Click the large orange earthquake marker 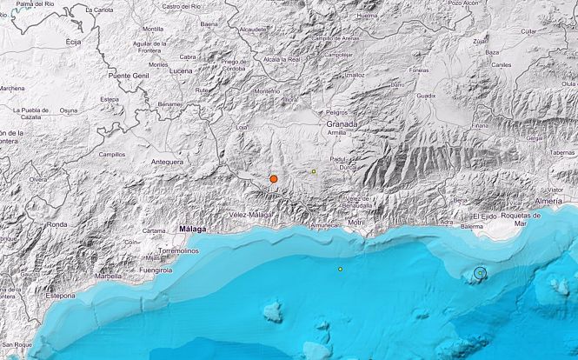[x=273, y=179]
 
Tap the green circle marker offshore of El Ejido [x=479, y=274]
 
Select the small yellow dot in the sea [x=341, y=269]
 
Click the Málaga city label [x=192, y=230]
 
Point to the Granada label [x=342, y=124]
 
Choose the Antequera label [x=167, y=162]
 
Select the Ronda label [x=56, y=224]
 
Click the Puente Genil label [x=127, y=77]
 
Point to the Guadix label [x=426, y=96]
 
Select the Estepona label [x=60, y=297]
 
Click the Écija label [x=73, y=41]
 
